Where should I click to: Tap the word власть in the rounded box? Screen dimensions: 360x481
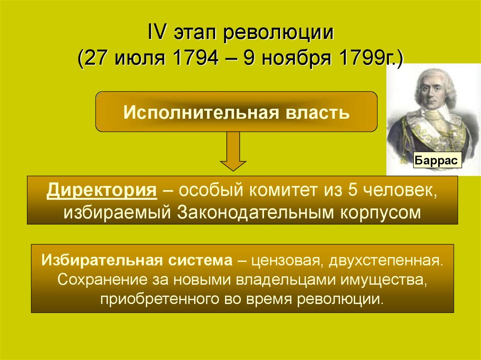click(317, 113)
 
